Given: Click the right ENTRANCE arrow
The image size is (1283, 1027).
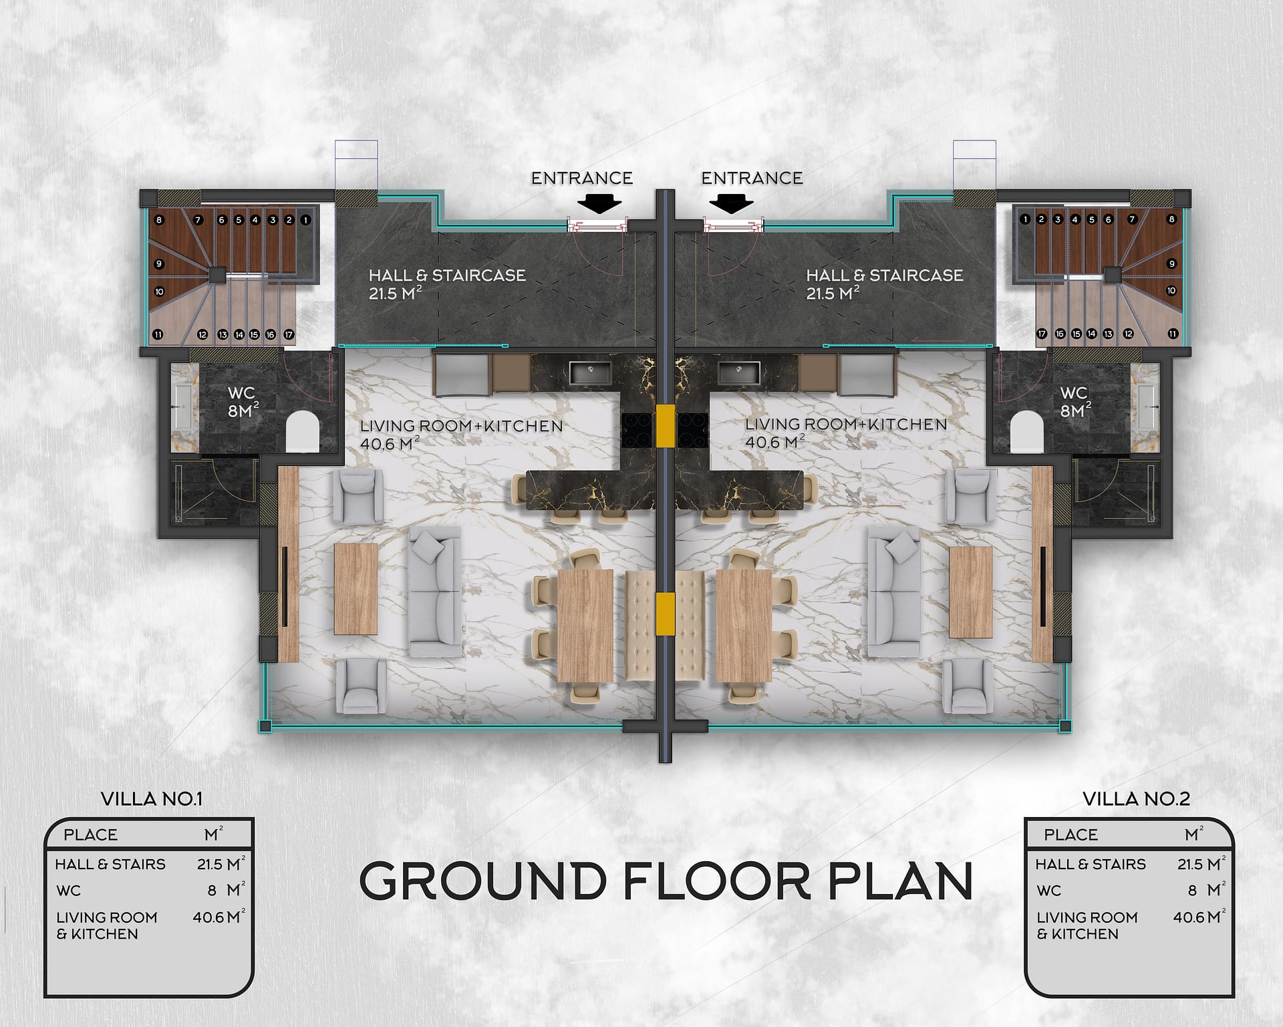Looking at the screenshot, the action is coord(732,203).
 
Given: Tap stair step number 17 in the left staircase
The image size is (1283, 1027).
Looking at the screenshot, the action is coord(289,334).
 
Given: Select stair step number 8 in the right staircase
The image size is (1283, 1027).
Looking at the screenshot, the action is coord(1171,219).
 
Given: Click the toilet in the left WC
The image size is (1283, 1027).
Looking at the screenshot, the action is coord(302,431).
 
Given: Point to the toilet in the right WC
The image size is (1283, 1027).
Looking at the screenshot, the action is coord(1027,431).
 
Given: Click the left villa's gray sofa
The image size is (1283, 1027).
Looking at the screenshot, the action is coord(435,591).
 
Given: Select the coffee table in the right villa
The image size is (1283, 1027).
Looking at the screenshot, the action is coord(971,592).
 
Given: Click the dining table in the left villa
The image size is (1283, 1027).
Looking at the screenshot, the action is coord(585,626).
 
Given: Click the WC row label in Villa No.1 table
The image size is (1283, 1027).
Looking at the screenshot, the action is coord(68,891).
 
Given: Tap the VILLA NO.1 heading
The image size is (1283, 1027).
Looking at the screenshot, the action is coord(151,798).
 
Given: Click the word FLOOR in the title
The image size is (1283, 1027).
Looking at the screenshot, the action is coord(716,881).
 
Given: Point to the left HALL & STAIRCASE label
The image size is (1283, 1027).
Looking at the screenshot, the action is coord(447,283).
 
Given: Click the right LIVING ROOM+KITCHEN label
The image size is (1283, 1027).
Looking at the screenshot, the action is coord(846,433).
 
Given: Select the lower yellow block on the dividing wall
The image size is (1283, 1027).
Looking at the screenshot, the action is coord(666,608).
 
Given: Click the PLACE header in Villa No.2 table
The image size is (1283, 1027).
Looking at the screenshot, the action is coord(1071,834).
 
